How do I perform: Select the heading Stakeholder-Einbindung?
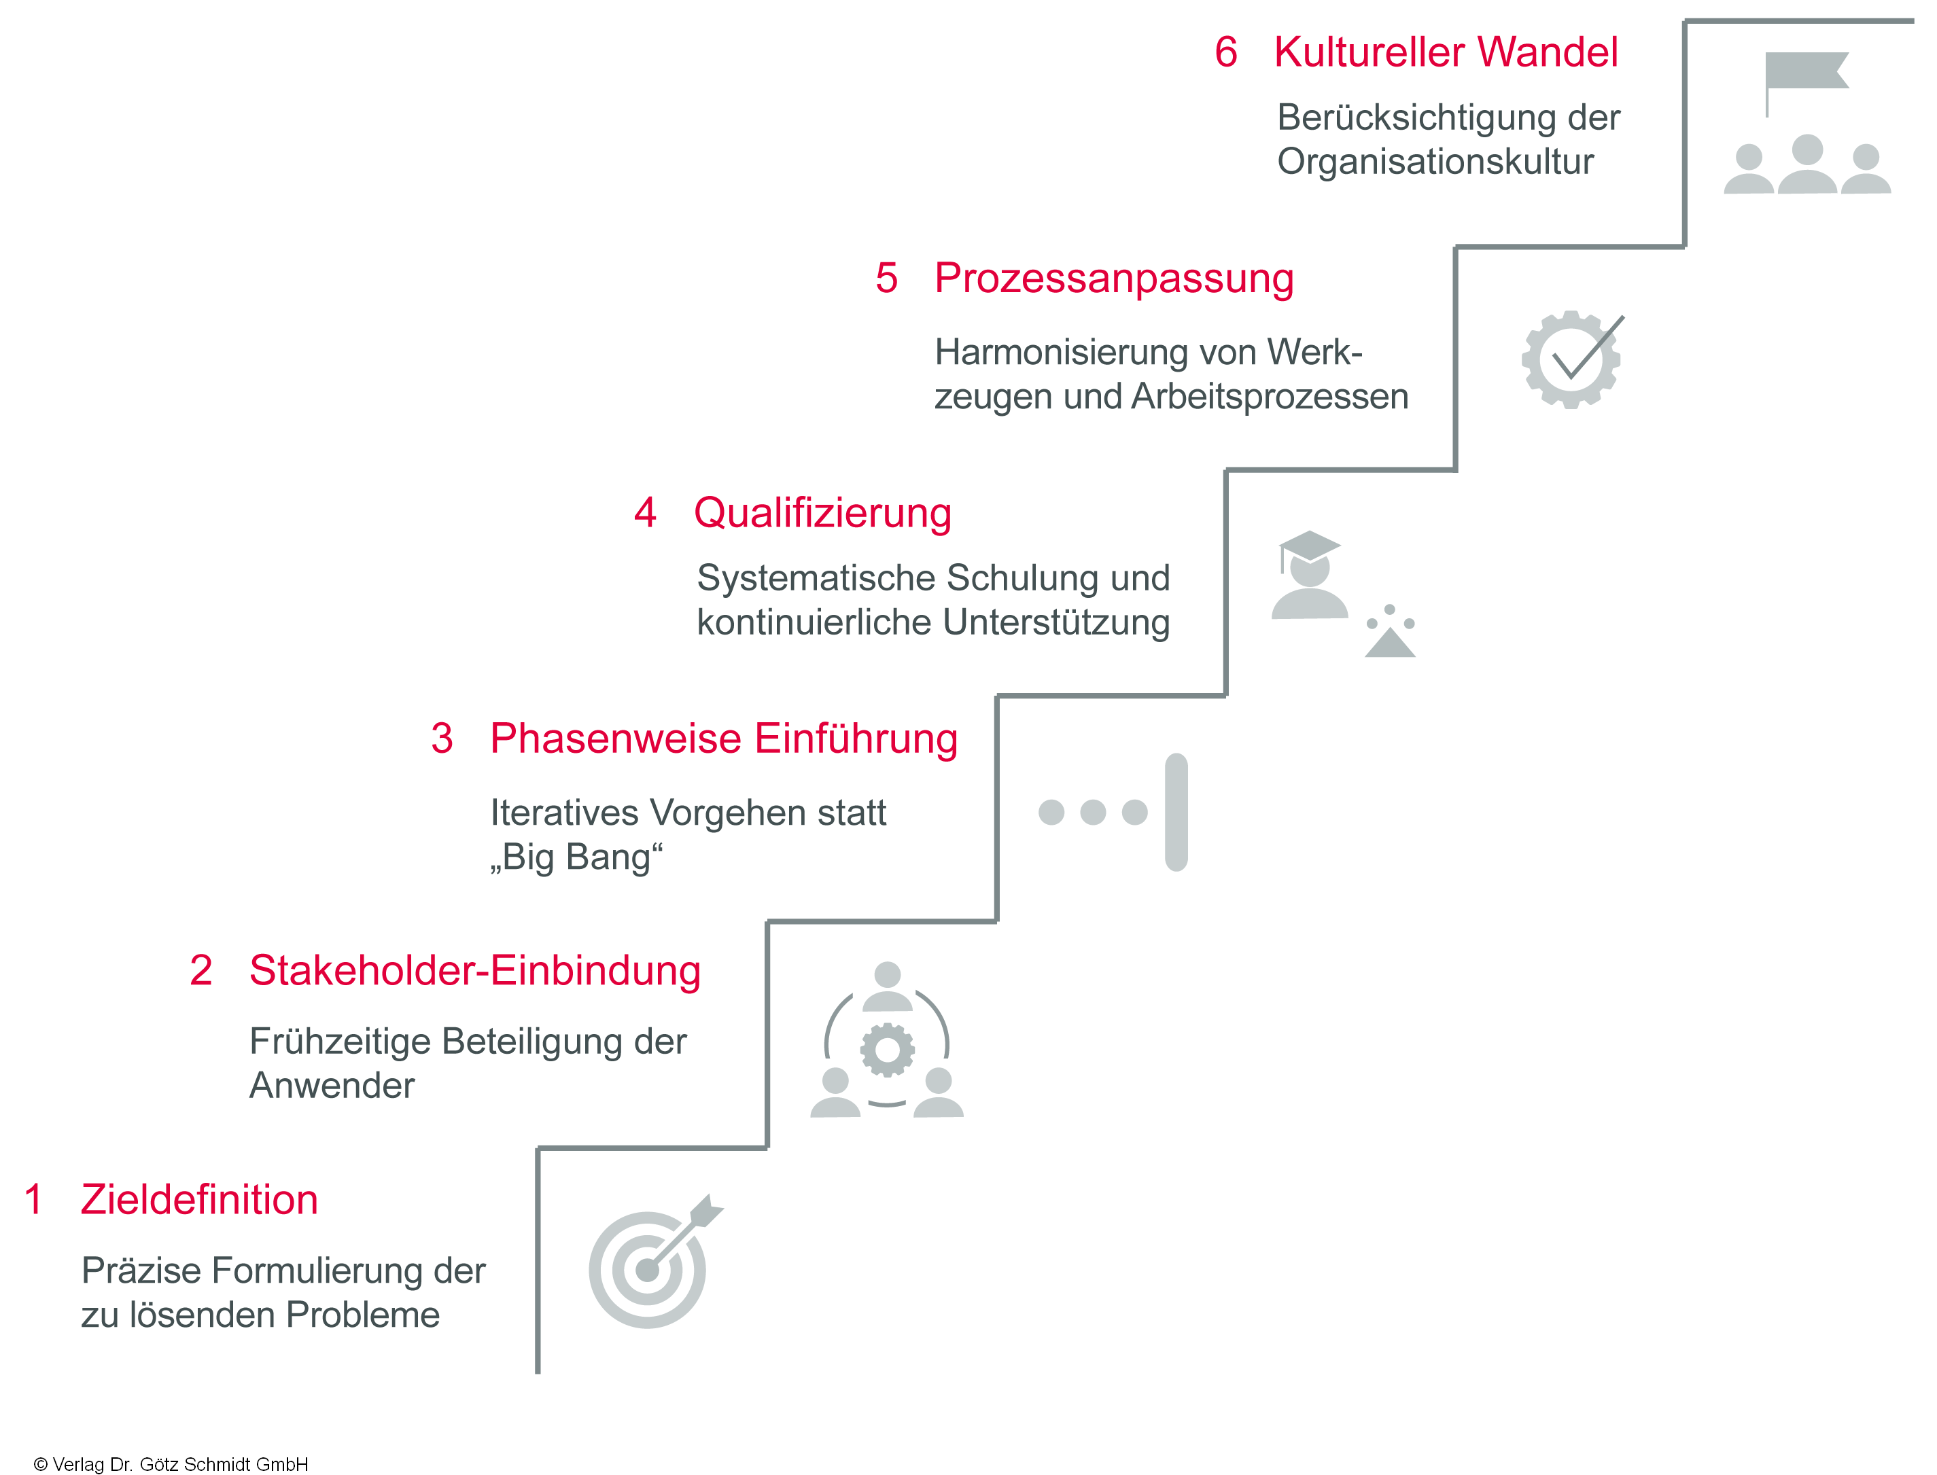(474, 971)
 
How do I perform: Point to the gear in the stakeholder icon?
(887, 1050)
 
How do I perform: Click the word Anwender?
(332, 1086)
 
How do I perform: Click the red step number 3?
(442, 739)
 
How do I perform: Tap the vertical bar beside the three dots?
(1176, 812)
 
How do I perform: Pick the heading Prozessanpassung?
(1113, 279)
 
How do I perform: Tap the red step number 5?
(887, 279)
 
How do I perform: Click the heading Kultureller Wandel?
(1446, 52)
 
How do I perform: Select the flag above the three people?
(1805, 72)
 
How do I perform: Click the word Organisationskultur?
(1435, 162)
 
